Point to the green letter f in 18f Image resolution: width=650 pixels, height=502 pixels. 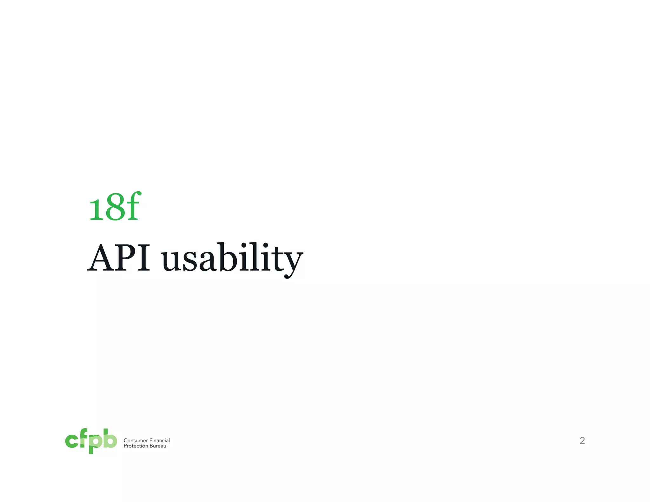point(132,206)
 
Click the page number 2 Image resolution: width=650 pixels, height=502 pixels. point(582,440)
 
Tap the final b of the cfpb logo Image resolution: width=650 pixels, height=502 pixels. point(109,438)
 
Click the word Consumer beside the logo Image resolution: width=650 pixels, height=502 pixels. point(136,440)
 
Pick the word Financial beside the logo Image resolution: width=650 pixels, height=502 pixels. point(159,440)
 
